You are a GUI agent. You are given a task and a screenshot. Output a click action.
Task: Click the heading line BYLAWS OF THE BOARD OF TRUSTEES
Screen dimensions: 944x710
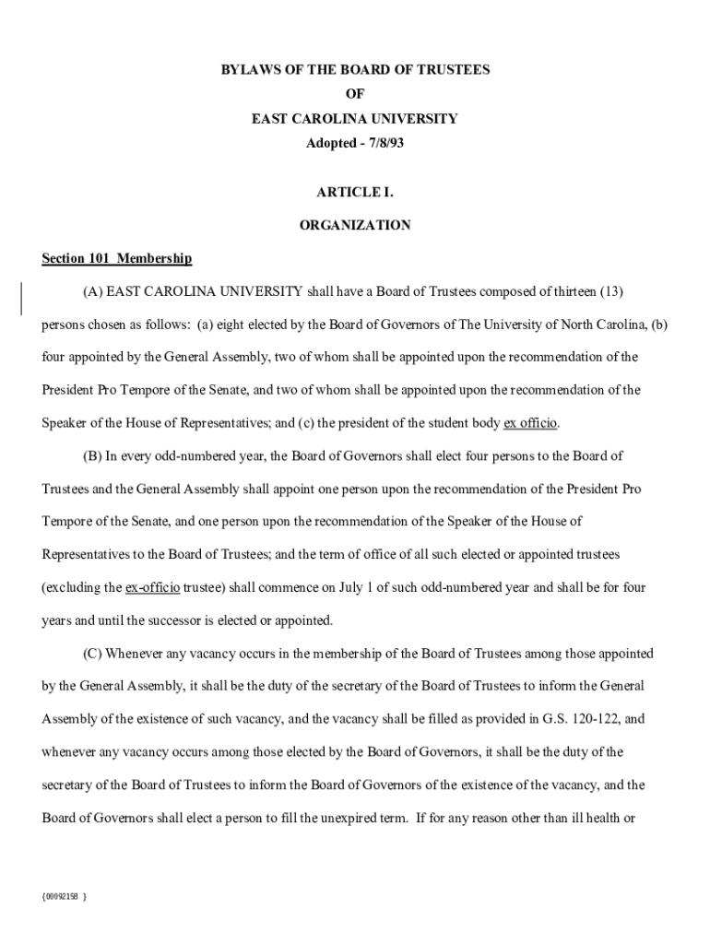[354, 69]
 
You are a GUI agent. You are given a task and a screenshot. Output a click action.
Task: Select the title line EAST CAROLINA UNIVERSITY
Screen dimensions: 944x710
[354, 119]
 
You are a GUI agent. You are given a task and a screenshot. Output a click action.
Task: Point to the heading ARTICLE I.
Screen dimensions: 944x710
[355, 193]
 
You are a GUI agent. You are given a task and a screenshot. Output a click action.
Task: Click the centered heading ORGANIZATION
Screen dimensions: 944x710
[355, 225]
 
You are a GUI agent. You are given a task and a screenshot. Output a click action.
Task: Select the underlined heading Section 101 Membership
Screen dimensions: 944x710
[116, 259]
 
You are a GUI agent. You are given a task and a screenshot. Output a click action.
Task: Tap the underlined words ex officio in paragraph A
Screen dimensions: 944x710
[530, 423]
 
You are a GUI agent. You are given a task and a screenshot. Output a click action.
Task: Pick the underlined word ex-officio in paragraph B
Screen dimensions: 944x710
[152, 587]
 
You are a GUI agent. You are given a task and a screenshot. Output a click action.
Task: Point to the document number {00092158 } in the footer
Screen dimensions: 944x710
[65, 895]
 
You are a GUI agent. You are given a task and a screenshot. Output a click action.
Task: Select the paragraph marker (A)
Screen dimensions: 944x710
[91, 292]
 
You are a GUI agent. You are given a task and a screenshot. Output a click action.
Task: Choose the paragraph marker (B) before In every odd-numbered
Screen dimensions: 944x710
[91, 456]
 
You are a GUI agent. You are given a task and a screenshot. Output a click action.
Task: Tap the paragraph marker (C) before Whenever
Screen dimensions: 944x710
[91, 654]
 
